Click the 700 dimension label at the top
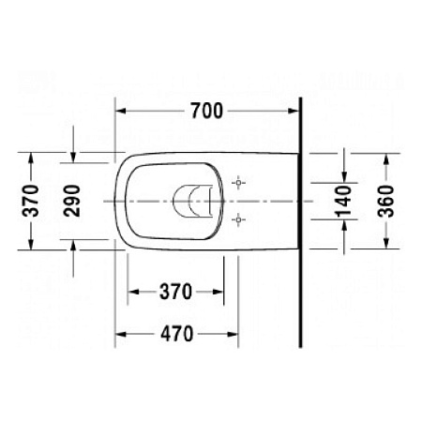(206, 112)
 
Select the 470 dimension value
(176, 332)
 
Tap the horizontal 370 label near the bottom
(175, 292)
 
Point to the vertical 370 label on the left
(31, 201)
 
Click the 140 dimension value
(343, 201)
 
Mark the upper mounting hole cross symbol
(240, 181)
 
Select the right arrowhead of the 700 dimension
(295, 111)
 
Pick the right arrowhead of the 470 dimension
(234, 332)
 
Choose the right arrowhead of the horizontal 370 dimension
(221, 292)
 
